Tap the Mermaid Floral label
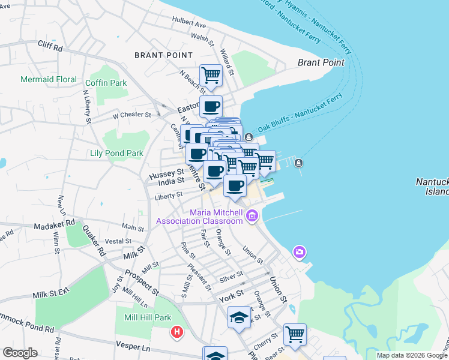49,79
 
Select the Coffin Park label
106,83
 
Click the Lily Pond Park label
116,153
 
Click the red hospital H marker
176,332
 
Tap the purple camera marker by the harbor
300,253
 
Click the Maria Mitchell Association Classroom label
199,217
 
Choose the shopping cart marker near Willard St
211,75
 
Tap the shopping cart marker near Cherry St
295,334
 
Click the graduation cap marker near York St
239,316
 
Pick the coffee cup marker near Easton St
211,106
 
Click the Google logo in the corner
20,353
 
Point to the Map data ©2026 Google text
412,355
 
